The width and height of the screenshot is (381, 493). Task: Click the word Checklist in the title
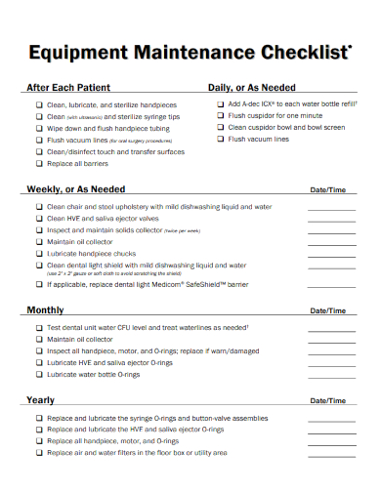pos(300,52)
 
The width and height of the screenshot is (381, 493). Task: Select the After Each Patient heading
pos(67,87)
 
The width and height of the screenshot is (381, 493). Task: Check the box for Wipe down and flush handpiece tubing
pos(39,128)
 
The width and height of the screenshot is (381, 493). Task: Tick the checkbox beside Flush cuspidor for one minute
pos(220,115)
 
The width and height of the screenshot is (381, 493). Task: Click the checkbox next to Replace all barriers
pos(39,164)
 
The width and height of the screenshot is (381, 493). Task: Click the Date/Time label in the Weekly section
pos(326,190)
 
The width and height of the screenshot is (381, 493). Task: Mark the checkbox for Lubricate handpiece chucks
pos(39,253)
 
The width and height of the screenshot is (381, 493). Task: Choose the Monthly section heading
pos(45,310)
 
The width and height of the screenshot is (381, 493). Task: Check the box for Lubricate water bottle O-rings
pos(39,374)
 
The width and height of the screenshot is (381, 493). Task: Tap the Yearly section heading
pos(40,400)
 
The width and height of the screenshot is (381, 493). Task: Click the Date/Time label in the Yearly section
pos(326,401)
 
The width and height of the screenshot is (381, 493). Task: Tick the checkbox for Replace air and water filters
pos(39,453)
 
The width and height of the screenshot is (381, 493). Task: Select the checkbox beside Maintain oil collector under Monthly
pos(39,339)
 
